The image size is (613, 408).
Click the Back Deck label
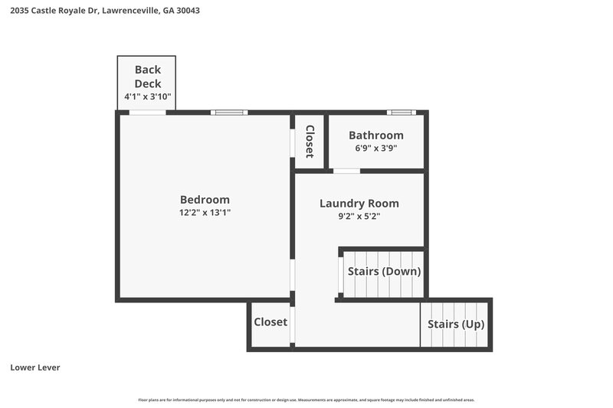[x=147, y=77]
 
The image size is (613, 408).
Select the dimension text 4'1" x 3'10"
[x=147, y=97]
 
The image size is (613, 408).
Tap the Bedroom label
[x=205, y=200]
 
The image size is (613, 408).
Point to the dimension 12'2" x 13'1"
[x=205, y=213]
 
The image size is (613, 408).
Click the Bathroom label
[x=375, y=135]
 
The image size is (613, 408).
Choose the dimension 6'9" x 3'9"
[x=375, y=149]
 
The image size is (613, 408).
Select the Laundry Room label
[x=359, y=204]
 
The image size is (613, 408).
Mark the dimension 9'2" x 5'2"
[x=359, y=217]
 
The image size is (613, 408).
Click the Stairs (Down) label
[x=384, y=271]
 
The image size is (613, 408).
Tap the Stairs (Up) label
[x=456, y=325]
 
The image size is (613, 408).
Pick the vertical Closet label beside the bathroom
[x=310, y=141]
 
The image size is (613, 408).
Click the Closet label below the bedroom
[x=270, y=322]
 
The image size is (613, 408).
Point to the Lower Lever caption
[x=35, y=367]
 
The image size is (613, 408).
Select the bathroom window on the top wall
[x=401, y=113]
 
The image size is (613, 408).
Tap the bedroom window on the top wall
[x=229, y=113]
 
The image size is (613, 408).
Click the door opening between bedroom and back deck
[x=147, y=113]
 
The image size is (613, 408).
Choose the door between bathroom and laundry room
[x=346, y=171]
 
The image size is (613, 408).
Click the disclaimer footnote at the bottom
[x=306, y=400]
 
